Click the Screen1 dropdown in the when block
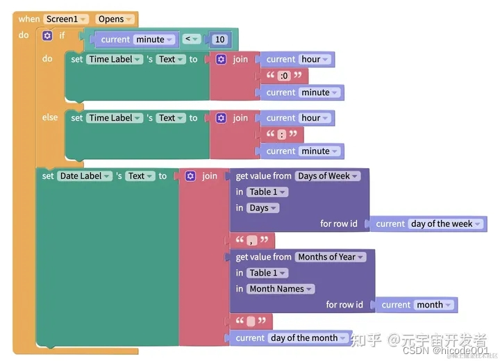pos(66,19)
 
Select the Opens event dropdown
pos(115,19)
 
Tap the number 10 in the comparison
pos(220,40)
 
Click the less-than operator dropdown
pos(192,40)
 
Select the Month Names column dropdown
pos(281,289)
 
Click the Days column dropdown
pos(262,208)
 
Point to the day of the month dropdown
pos(308,338)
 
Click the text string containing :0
pos(283,76)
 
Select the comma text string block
pos(252,241)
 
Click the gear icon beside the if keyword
pos(47,35)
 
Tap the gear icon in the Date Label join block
pos(190,176)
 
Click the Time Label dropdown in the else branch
pos(115,118)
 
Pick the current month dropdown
pos(434,305)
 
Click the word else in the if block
pos(50,117)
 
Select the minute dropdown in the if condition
pos(153,40)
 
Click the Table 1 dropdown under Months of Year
pos(267,273)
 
